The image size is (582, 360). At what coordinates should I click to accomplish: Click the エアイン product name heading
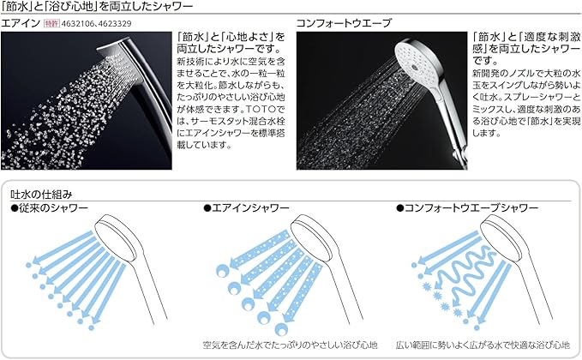pyautogui.click(x=18, y=23)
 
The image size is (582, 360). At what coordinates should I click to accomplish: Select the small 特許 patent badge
pyautogui.click(x=51, y=23)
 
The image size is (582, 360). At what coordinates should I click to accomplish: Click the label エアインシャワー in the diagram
pyautogui.click(x=245, y=208)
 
